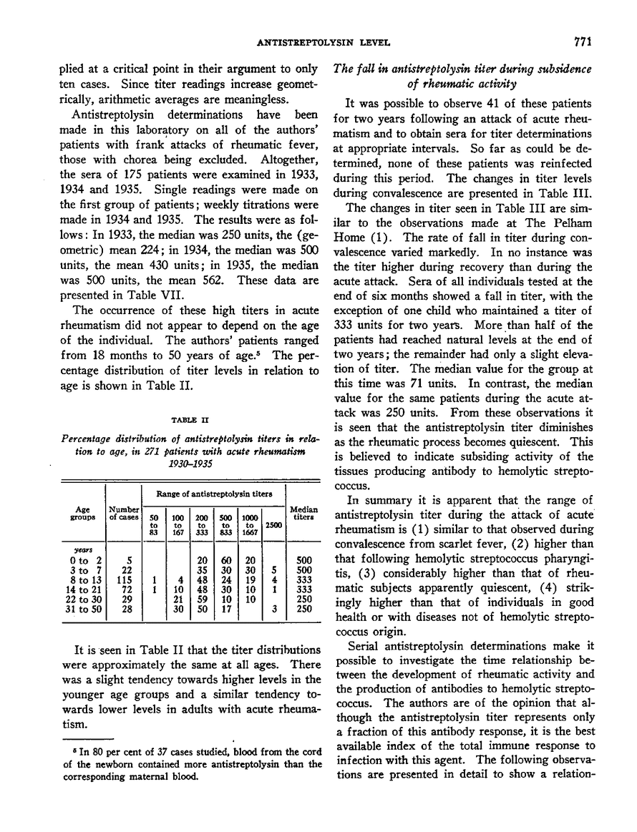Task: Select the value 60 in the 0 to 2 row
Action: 226,561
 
